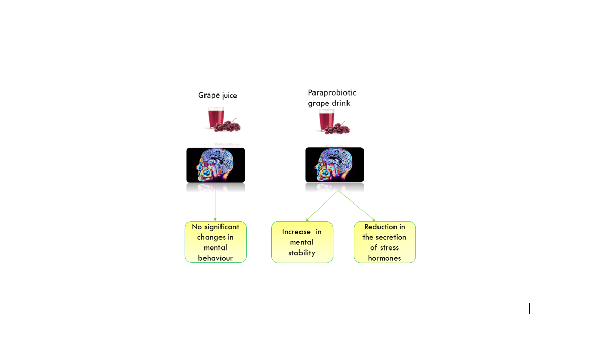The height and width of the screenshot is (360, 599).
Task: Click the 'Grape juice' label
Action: coord(217,95)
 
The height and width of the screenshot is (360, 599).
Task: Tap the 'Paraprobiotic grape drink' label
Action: coord(332,98)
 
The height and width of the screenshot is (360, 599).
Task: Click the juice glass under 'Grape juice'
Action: coord(216,118)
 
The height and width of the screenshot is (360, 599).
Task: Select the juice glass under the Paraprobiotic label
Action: coord(327,120)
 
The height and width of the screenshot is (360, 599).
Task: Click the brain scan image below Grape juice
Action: coord(215,165)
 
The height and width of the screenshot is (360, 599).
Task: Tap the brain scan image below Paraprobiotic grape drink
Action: coord(334,165)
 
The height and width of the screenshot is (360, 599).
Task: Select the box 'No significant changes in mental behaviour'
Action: coord(216,242)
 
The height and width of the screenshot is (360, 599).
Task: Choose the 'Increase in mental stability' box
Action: coord(302,242)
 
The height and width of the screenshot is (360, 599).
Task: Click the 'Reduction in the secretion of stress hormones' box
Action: coord(385,242)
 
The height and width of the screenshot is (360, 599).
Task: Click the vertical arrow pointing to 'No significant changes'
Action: coord(215,204)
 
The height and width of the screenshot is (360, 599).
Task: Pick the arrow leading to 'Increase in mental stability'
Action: coord(322,206)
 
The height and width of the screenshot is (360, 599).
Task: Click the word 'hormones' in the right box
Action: coord(384,258)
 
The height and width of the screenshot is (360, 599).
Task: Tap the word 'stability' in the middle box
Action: coord(302,253)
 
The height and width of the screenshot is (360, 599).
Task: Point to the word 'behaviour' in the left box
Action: coord(215,258)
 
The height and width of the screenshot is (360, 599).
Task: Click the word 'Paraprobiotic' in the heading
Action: coord(332,92)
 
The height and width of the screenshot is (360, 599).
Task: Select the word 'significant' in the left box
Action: coord(221,227)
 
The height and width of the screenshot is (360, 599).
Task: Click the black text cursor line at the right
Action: coord(529,308)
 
